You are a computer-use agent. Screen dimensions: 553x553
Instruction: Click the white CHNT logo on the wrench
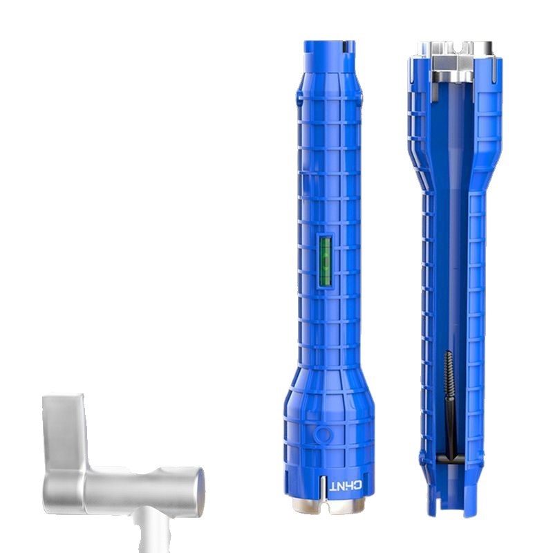[345, 486]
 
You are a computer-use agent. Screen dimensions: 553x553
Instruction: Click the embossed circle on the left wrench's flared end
[323, 435]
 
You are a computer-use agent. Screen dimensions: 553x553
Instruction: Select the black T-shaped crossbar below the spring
[451, 458]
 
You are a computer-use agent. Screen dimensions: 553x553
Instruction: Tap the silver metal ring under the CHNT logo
[328, 505]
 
